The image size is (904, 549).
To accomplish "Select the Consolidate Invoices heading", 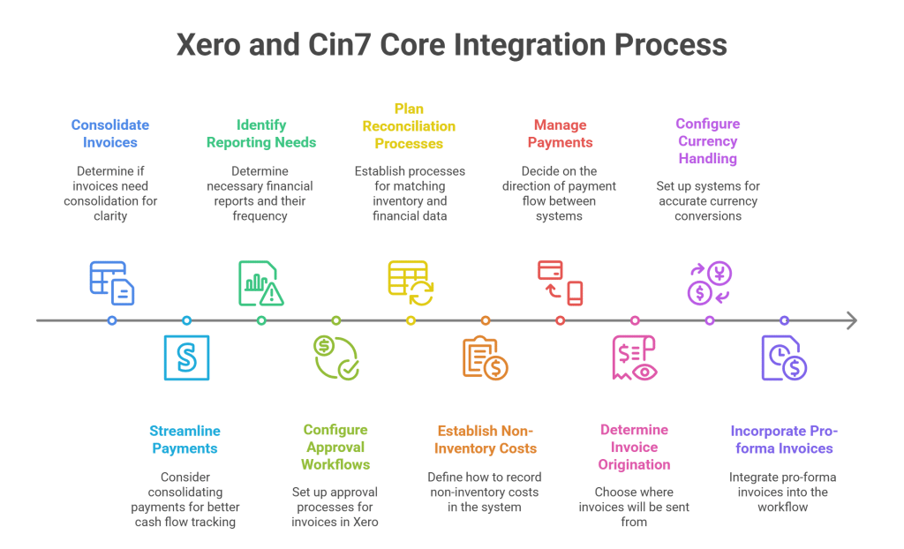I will [110, 133].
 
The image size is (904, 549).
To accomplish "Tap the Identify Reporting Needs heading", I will [260, 133].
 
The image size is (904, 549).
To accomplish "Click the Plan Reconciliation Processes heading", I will [409, 126].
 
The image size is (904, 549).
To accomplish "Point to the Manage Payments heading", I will [560, 133].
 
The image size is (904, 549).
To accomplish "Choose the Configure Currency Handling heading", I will [708, 141].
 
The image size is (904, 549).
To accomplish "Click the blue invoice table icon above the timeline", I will [112, 282].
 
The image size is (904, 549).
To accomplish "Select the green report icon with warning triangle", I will [261, 283].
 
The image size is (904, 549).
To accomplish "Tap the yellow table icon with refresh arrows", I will [411, 282].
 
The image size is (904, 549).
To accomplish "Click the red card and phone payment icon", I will [561, 282].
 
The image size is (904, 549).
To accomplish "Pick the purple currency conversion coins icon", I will [710, 282].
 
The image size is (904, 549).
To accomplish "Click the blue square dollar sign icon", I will [186, 357].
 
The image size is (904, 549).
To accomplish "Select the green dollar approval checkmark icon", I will [336, 357].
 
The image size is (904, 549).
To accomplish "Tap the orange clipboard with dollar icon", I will [486, 358].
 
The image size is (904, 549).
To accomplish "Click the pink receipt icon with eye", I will [635, 358].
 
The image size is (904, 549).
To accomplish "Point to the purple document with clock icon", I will [784, 358].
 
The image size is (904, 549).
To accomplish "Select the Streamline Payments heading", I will [185, 440].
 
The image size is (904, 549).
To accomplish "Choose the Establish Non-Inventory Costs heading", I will [486, 440].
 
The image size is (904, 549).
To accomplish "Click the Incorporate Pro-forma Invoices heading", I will [784, 440].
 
